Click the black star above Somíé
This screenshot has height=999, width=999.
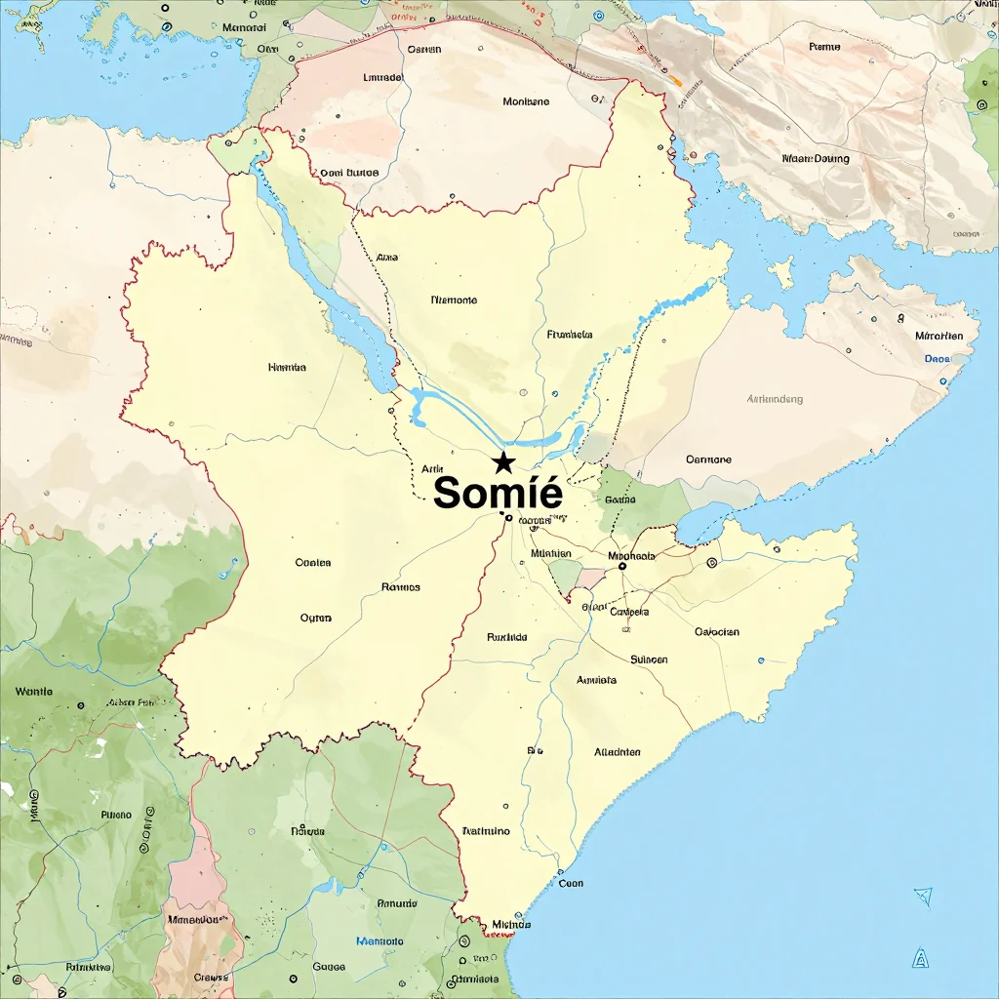(503, 461)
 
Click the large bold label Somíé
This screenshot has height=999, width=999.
(498, 492)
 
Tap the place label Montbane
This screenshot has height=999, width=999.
(526, 101)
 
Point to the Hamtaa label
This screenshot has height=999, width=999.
(287, 368)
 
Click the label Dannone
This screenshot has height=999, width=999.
(708, 459)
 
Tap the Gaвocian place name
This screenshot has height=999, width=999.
(717, 631)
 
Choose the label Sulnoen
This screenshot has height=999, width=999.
(650, 659)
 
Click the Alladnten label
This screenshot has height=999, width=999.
(618, 752)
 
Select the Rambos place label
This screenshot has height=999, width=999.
(400, 587)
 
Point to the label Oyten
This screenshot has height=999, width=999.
(316, 618)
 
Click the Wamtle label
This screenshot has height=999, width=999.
(34, 692)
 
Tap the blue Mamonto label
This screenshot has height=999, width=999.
(380, 941)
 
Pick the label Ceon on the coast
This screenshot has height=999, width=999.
(571, 883)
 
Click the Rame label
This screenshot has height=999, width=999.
(824, 47)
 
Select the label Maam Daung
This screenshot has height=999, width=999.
(816, 158)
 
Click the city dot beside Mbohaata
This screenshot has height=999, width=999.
(622, 566)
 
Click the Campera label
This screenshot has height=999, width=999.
(629, 612)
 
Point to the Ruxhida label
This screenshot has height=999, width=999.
(506, 637)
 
